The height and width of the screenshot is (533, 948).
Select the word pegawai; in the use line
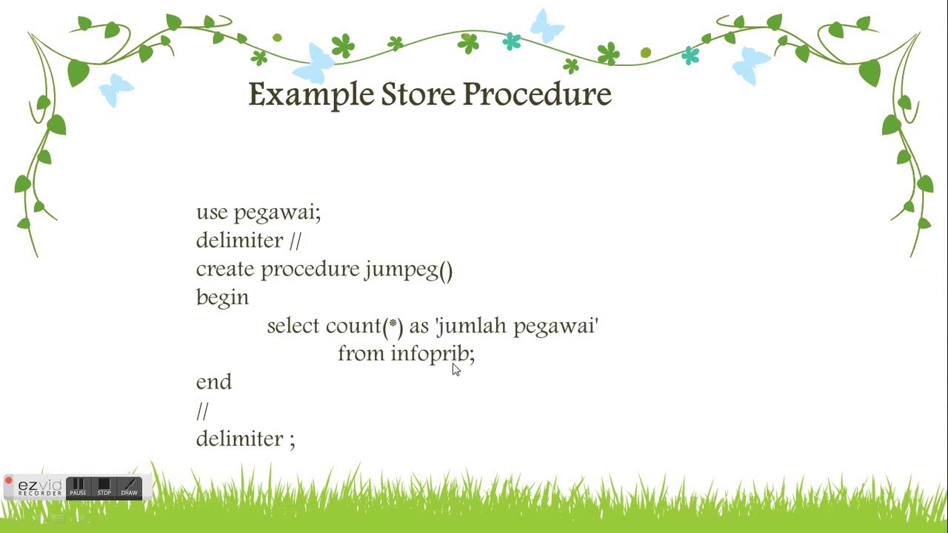pos(277,213)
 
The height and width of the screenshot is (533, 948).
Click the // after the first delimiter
pos(296,241)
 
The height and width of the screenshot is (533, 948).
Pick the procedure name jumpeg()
pos(408,269)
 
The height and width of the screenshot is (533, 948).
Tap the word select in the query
pos(293,326)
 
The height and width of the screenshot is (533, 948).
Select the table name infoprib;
pos(433,354)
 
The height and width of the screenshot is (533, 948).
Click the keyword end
pos(213,382)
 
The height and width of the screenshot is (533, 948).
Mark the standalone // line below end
pos(202,410)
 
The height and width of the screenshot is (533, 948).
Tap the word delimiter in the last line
pos(239,438)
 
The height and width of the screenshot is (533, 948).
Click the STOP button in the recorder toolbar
pos(104,487)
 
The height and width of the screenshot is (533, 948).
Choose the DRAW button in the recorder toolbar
pos(130,487)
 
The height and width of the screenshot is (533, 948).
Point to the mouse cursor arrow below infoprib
pos(455,369)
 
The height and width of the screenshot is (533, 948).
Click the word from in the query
pos(361,354)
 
